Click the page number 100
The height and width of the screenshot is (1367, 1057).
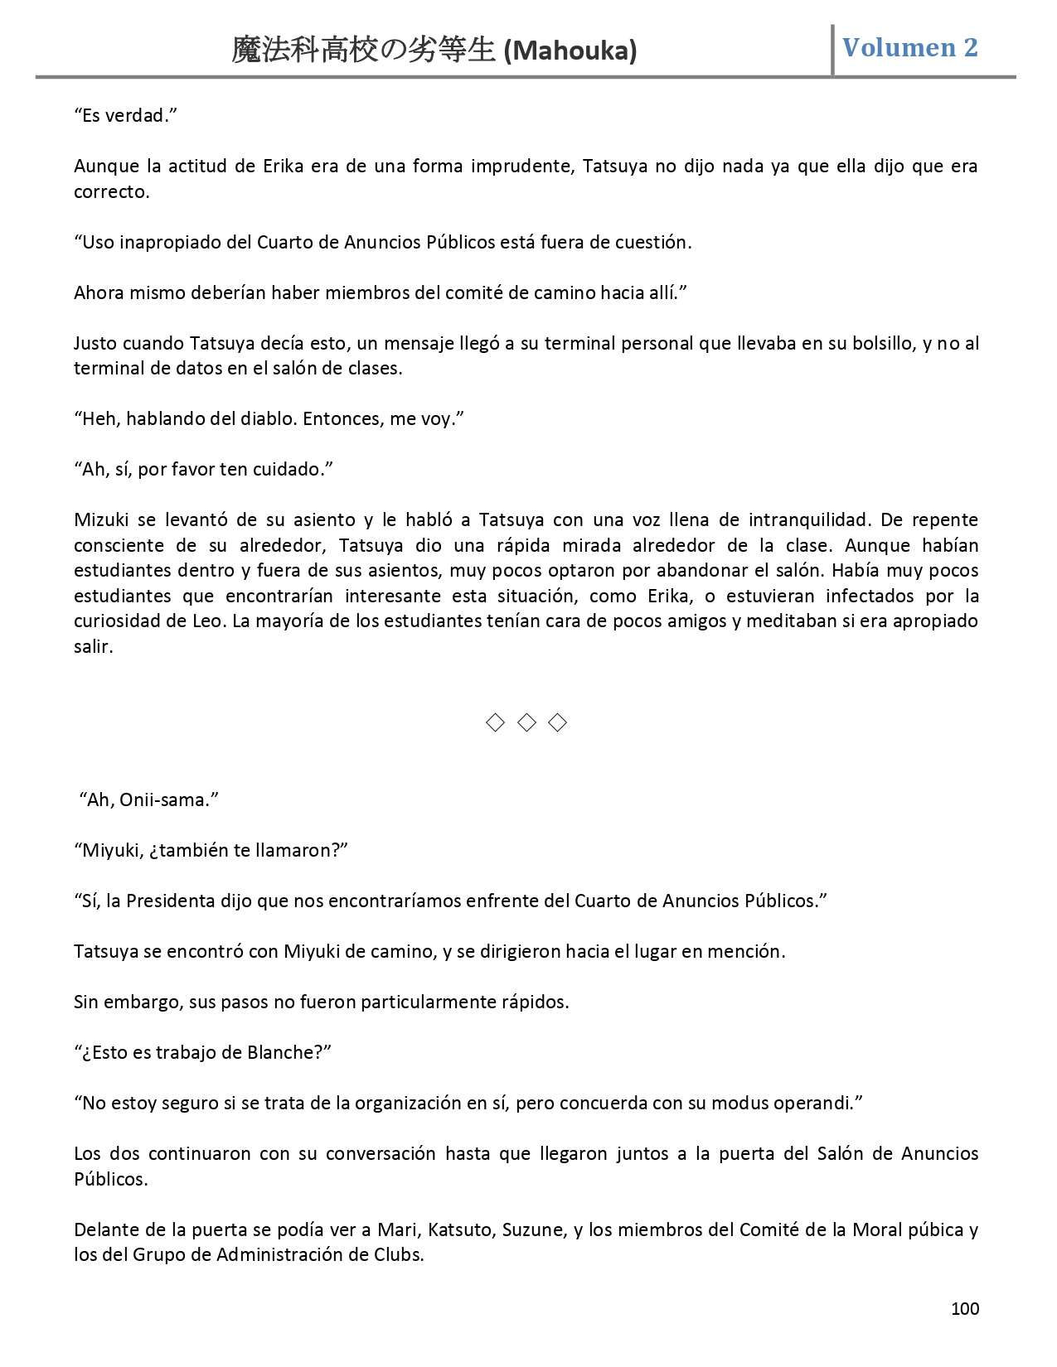(964, 1308)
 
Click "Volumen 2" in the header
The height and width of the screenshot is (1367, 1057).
(909, 47)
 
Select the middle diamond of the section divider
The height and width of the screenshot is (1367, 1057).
(526, 722)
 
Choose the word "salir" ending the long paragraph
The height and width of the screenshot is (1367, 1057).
(92, 646)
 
